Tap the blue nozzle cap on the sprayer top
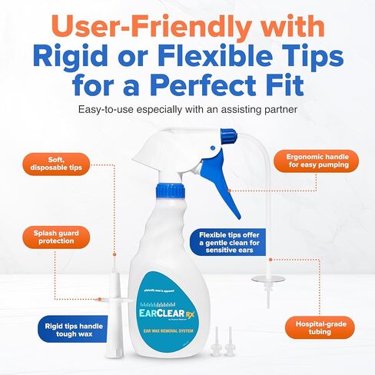click(x=227, y=136)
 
